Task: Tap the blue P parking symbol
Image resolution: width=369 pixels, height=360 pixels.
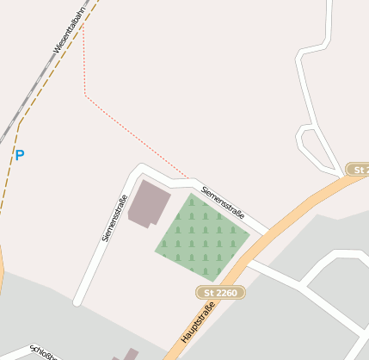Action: click(19, 156)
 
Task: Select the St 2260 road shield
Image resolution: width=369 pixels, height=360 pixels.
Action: click(220, 293)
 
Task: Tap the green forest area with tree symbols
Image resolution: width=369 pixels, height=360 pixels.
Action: click(202, 236)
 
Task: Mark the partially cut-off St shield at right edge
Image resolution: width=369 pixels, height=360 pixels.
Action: click(358, 170)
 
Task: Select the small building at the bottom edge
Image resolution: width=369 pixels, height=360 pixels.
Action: click(130, 354)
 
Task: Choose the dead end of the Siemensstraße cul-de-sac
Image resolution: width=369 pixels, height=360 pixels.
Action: click(78, 301)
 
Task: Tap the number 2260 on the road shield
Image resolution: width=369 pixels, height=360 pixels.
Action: click(225, 293)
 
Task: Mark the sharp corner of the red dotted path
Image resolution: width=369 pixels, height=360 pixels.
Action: click(85, 95)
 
